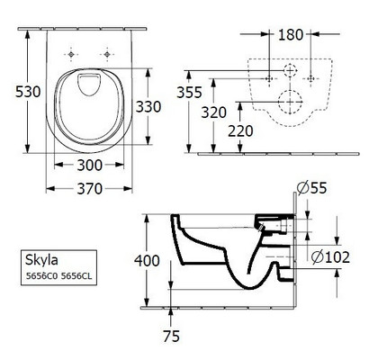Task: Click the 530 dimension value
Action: [28, 92]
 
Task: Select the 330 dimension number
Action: [148, 106]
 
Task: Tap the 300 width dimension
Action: [90, 165]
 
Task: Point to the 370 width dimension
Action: [90, 189]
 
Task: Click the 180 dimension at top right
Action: [291, 35]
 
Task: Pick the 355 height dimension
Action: [189, 93]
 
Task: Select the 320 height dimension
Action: [213, 112]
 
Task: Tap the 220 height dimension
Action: [240, 131]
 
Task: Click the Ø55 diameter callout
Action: [311, 188]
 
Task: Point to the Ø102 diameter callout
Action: [330, 257]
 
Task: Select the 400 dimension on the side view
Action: [147, 261]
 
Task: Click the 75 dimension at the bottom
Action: [171, 336]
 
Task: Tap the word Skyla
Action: [41, 260]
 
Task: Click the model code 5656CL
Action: [76, 276]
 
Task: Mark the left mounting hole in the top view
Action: [71, 54]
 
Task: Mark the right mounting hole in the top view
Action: [107, 54]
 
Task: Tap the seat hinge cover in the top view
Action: [89, 85]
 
